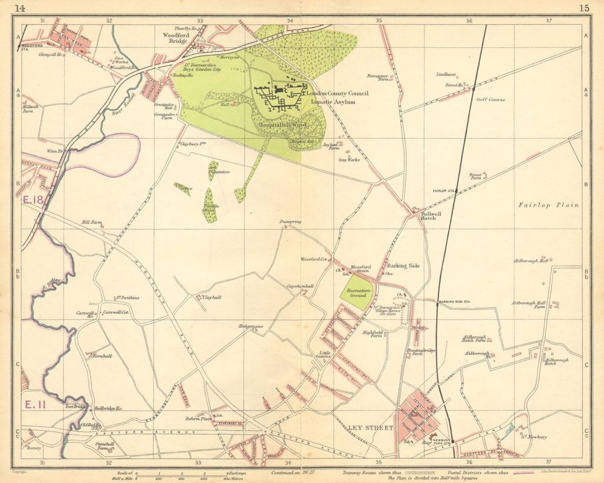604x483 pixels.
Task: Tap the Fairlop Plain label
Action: (548, 205)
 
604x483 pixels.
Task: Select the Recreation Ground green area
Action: (357, 293)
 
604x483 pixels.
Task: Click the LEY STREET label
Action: (370, 428)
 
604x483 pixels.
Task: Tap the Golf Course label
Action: (490, 99)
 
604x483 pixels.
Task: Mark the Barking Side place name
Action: (403, 265)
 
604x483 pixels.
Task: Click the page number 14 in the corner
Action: (20, 8)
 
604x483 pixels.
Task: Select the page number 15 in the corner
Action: (583, 8)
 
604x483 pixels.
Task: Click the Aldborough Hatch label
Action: (557, 361)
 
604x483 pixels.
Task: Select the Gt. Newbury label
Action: (533, 436)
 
